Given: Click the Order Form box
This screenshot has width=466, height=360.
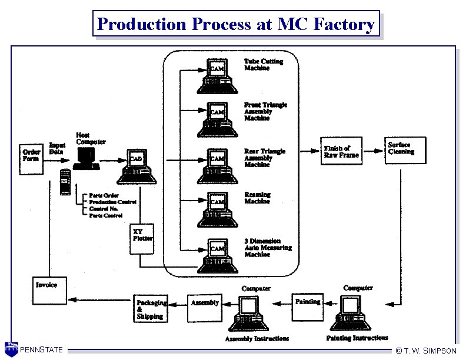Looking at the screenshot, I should click(31, 155).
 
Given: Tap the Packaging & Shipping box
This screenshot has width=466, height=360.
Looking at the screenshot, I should click(151, 309).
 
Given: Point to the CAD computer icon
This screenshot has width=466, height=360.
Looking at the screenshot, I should click(136, 167).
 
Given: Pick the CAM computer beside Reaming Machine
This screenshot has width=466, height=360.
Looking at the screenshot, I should click(217, 206).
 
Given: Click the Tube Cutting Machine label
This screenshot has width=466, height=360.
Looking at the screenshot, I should click(264, 65).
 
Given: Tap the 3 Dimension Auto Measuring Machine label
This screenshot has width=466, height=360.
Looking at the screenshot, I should click(268, 248).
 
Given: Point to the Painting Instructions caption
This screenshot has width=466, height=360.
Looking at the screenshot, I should click(357, 338).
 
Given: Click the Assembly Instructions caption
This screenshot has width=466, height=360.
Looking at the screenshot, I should click(257, 339).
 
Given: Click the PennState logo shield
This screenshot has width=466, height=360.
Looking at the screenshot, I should click(11, 348).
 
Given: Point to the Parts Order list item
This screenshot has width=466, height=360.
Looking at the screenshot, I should click(102, 195).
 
